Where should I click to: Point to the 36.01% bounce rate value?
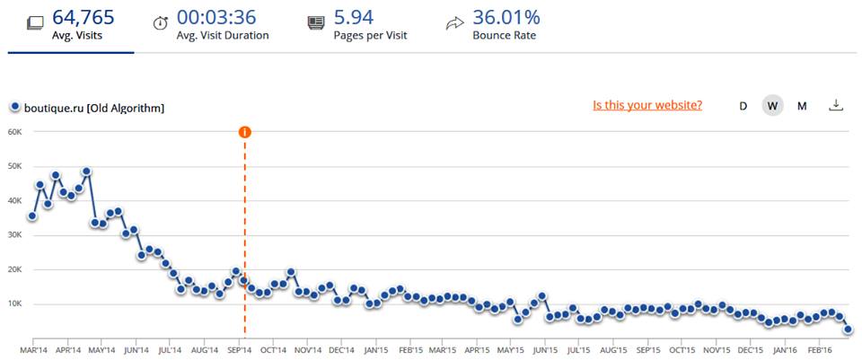506,16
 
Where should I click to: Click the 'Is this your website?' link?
647,105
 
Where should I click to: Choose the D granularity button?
743,106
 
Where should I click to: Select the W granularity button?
771,106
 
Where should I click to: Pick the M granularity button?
802,106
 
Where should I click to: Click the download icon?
836,105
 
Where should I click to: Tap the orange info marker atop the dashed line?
244,132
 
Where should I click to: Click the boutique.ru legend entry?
88,108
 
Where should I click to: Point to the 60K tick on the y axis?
14,132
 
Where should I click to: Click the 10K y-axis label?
14,304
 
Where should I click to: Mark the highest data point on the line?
86,171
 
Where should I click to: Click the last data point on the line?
848,329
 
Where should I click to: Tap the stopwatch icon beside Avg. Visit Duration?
161,23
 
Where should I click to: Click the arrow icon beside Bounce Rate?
454,23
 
